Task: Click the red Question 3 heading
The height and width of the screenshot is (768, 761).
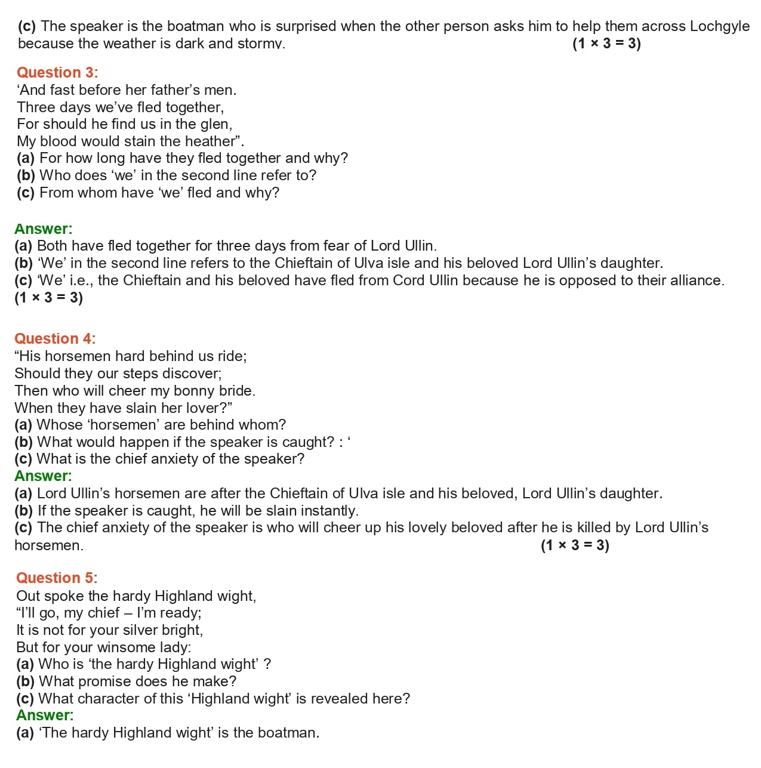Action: [x=57, y=73]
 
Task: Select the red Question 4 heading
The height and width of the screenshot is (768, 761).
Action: [x=55, y=339]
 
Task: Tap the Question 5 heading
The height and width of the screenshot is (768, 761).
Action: [x=57, y=578]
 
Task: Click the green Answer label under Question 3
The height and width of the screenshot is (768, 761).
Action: [x=43, y=229]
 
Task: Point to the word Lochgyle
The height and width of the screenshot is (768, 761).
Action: [x=719, y=26]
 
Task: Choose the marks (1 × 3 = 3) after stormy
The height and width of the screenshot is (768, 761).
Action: [x=606, y=44]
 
